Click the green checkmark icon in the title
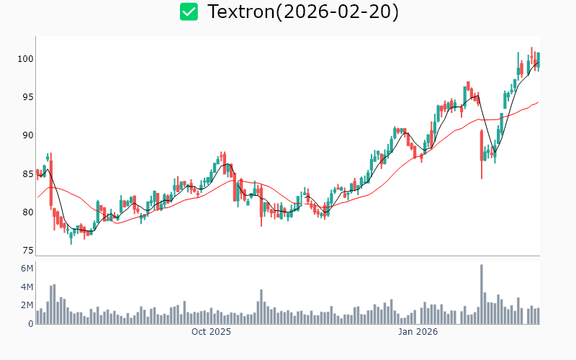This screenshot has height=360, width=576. pyautogui.click(x=189, y=12)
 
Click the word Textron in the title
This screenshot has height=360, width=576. pyautogui.click(x=240, y=12)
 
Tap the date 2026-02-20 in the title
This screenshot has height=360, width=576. pyautogui.click(x=345, y=12)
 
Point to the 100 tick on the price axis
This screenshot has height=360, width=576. pyautogui.click(x=27, y=59)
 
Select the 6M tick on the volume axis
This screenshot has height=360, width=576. pyautogui.click(x=27, y=269)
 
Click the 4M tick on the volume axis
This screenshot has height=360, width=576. pyautogui.click(x=27, y=287)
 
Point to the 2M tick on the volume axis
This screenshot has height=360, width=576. pyautogui.click(x=27, y=305)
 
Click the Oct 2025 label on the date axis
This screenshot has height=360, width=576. pyautogui.click(x=211, y=332)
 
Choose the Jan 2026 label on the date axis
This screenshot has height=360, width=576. pyautogui.click(x=418, y=332)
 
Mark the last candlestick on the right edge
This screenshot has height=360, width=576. pyautogui.click(x=538, y=60)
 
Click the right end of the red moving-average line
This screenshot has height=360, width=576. pyautogui.click(x=538, y=102)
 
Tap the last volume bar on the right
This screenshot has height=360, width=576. pyautogui.click(x=538, y=315)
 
